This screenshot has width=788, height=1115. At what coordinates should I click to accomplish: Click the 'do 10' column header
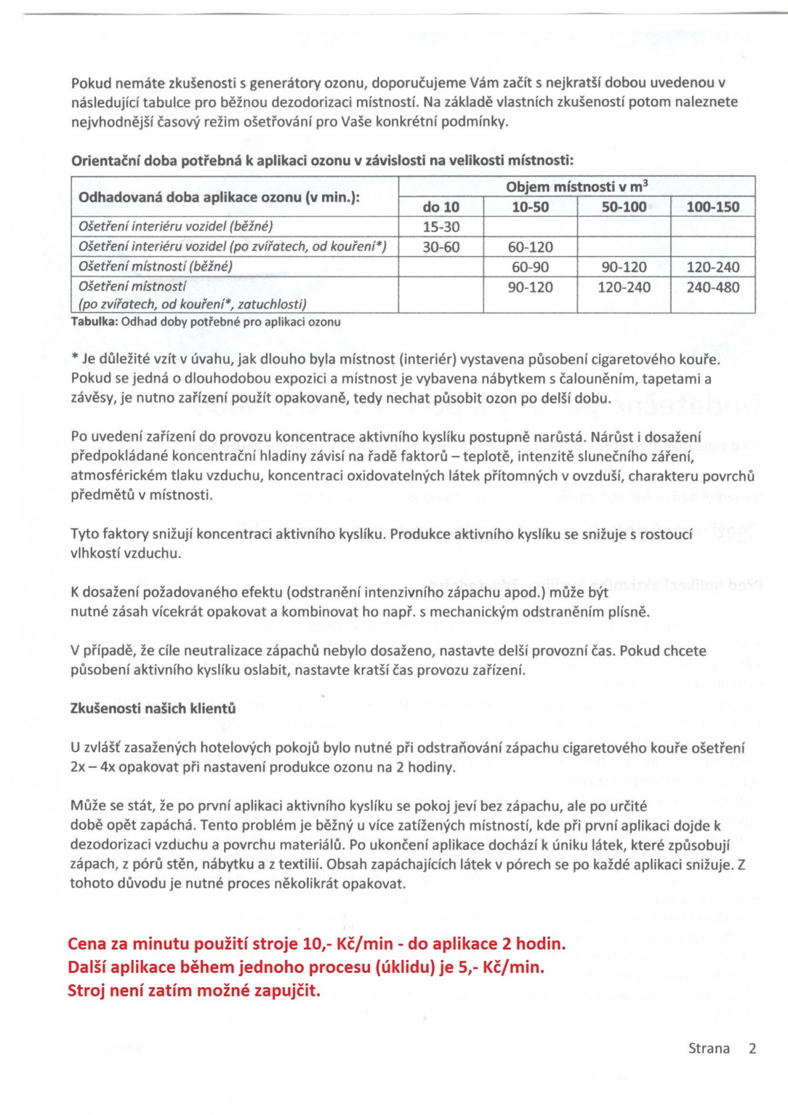pyautogui.click(x=440, y=207)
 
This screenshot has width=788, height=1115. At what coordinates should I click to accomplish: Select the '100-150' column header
pyautogui.click(x=713, y=207)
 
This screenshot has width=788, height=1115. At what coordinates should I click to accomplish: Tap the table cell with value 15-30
pyautogui.click(x=440, y=227)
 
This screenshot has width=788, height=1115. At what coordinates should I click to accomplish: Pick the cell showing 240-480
pyautogui.click(x=713, y=287)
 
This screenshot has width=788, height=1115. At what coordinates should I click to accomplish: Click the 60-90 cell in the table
pyautogui.click(x=530, y=267)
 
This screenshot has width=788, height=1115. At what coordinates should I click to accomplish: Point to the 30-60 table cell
pyautogui.click(x=440, y=247)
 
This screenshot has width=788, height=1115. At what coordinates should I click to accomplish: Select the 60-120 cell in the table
pyautogui.click(x=530, y=247)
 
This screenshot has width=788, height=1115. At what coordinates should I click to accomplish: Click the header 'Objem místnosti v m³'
pyautogui.click(x=576, y=186)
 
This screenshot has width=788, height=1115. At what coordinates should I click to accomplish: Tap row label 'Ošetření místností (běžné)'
pyautogui.click(x=156, y=267)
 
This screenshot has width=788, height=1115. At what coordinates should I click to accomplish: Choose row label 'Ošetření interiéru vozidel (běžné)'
pyautogui.click(x=175, y=226)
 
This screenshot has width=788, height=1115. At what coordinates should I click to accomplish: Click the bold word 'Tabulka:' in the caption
pyautogui.click(x=94, y=322)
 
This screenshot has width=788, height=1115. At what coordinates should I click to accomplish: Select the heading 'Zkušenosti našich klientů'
pyautogui.click(x=153, y=708)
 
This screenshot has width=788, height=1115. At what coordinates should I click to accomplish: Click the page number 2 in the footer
pyautogui.click(x=752, y=1049)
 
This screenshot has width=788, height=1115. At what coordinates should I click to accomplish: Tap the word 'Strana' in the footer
pyautogui.click(x=709, y=1049)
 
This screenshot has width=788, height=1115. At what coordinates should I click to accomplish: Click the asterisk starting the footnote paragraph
pyautogui.click(x=74, y=358)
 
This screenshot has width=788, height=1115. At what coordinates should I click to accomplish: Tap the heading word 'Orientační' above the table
pyautogui.click(x=105, y=161)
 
